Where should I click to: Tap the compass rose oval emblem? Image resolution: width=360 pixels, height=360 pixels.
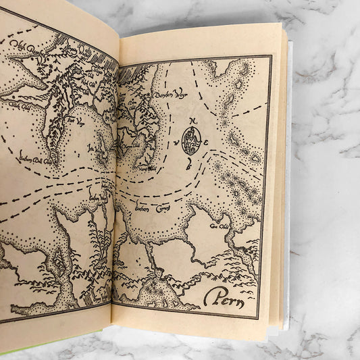[x=191, y=141]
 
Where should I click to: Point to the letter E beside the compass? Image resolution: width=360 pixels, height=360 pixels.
[x=206, y=142]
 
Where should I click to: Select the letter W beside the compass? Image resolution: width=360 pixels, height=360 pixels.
[x=177, y=143]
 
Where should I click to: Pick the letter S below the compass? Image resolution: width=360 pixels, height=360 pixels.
[x=191, y=163]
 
